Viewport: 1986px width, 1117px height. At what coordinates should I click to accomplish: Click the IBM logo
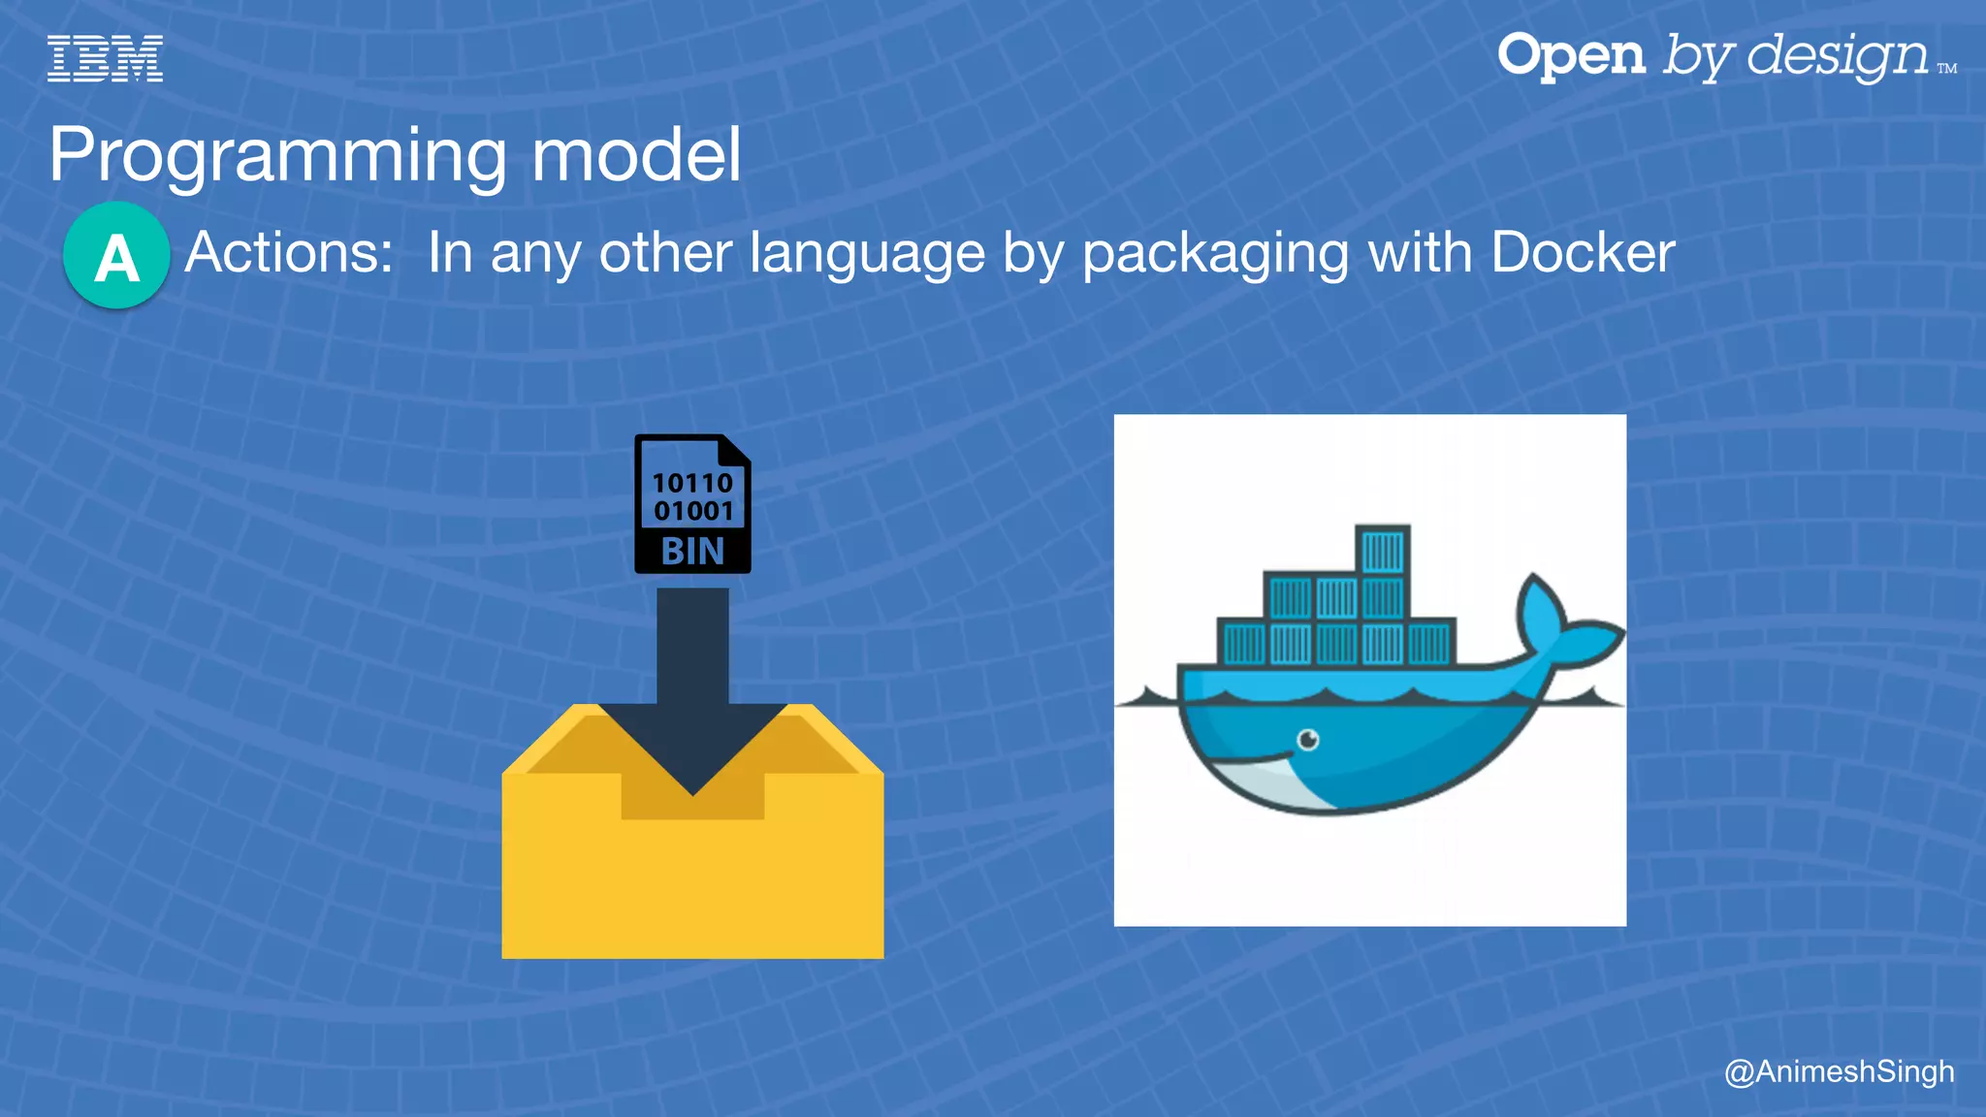point(105,58)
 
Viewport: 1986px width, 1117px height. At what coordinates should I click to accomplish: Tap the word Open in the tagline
point(1571,55)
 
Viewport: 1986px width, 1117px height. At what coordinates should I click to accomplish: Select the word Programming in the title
point(277,155)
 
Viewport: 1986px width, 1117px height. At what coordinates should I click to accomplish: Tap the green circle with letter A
point(116,256)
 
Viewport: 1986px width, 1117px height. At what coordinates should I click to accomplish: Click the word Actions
point(289,253)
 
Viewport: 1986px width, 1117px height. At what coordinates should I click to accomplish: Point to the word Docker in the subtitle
point(1583,253)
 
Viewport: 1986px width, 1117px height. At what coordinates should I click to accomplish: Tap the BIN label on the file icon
point(692,552)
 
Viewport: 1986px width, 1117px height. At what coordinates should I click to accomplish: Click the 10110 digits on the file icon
point(692,483)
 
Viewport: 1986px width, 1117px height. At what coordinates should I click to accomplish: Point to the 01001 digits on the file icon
point(692,510)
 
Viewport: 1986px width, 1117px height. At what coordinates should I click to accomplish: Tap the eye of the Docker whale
point(1308,741)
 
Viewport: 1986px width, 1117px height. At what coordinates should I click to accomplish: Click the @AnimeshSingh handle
point(1839,1071)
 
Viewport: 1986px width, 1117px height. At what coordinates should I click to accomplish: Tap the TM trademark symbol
point(1946,69)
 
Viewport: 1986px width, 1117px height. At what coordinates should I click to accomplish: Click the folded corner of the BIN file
point(735,450)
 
